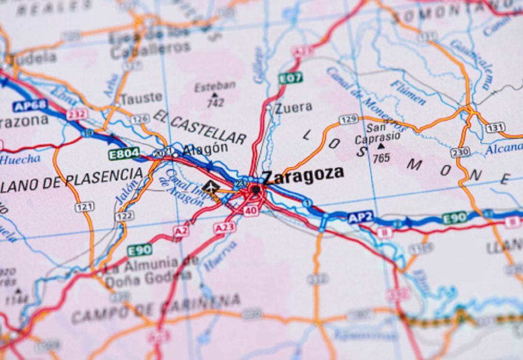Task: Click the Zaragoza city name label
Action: click(x=303, y=175)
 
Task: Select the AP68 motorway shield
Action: click(x=30, y=106)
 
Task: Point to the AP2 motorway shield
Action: click(x=360, y=217)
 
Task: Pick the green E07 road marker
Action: click(x=290, y=78)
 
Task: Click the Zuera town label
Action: click(x=293, y=108)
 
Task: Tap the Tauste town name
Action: click(x=141, y=98)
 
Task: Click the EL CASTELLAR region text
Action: click(x=200, y=127)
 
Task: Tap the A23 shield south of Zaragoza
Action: click(x=225, y=227)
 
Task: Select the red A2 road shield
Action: click(x=181, y=231)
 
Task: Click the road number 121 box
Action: click(x=84, y=207)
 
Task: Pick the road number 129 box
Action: click(x=348, y=119)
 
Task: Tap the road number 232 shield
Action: click(x=77, y=114)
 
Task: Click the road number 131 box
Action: click(x=495, y=128)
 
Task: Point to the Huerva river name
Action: click(x=220, y=256)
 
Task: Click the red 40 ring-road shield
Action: click(x=250, y=210)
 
